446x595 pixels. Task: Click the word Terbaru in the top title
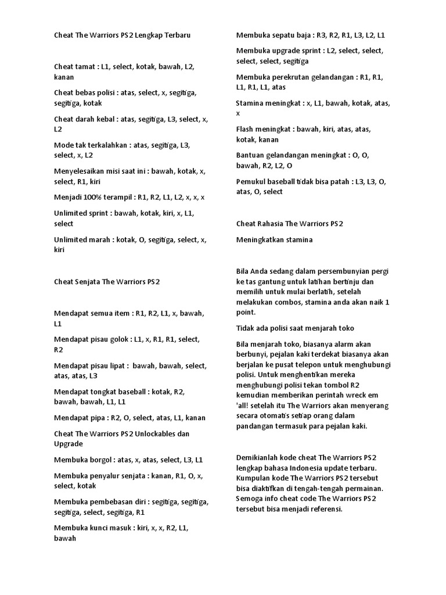pos(175,35)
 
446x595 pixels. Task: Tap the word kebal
pos(106,119)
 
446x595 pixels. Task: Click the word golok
pos(118,339)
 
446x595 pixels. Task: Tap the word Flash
pos(245,129)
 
